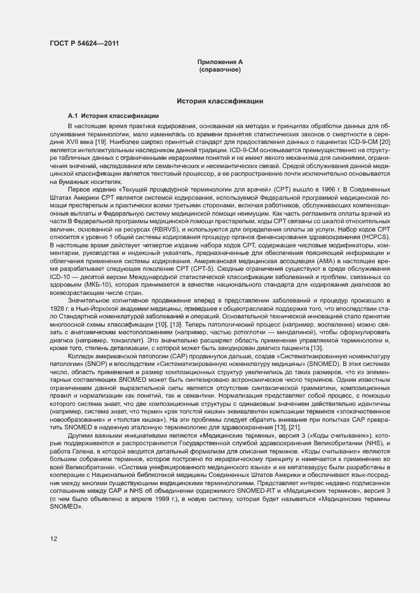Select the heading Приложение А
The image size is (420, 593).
click(219, 62)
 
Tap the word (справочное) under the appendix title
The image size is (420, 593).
click(219, 69)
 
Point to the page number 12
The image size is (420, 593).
click(54, 539)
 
